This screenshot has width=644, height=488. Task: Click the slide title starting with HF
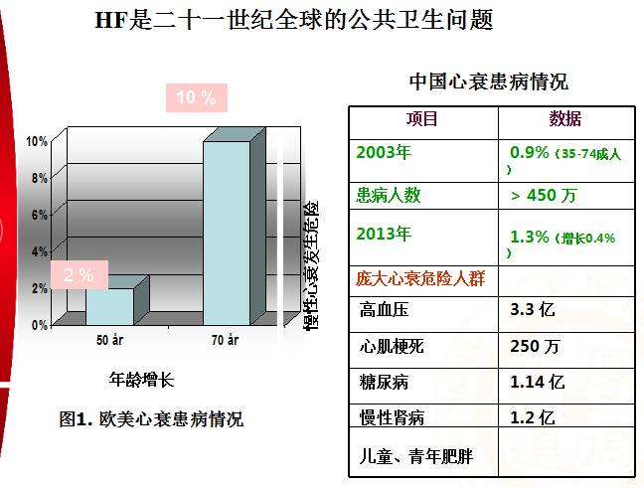[292, 20]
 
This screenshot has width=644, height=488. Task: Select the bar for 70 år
[228, 233]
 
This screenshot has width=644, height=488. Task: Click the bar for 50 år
[108, 305]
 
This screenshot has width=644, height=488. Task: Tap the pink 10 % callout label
[196, 97]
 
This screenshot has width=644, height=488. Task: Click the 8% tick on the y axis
[38, 178]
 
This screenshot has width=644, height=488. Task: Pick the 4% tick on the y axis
[38, 251]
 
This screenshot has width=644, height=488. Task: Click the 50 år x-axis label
[109, 341]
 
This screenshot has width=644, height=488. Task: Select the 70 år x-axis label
[226, 341]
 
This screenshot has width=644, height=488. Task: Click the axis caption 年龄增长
[141, 379]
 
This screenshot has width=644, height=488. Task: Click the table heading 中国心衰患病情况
[489, 81]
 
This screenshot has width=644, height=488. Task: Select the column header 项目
[421, 119]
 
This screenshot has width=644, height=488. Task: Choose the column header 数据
[565, 119]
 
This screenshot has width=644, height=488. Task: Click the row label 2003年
[384, 153]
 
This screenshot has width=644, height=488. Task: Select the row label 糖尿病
[383, 382]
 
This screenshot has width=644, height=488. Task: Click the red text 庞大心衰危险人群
[421, 277]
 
